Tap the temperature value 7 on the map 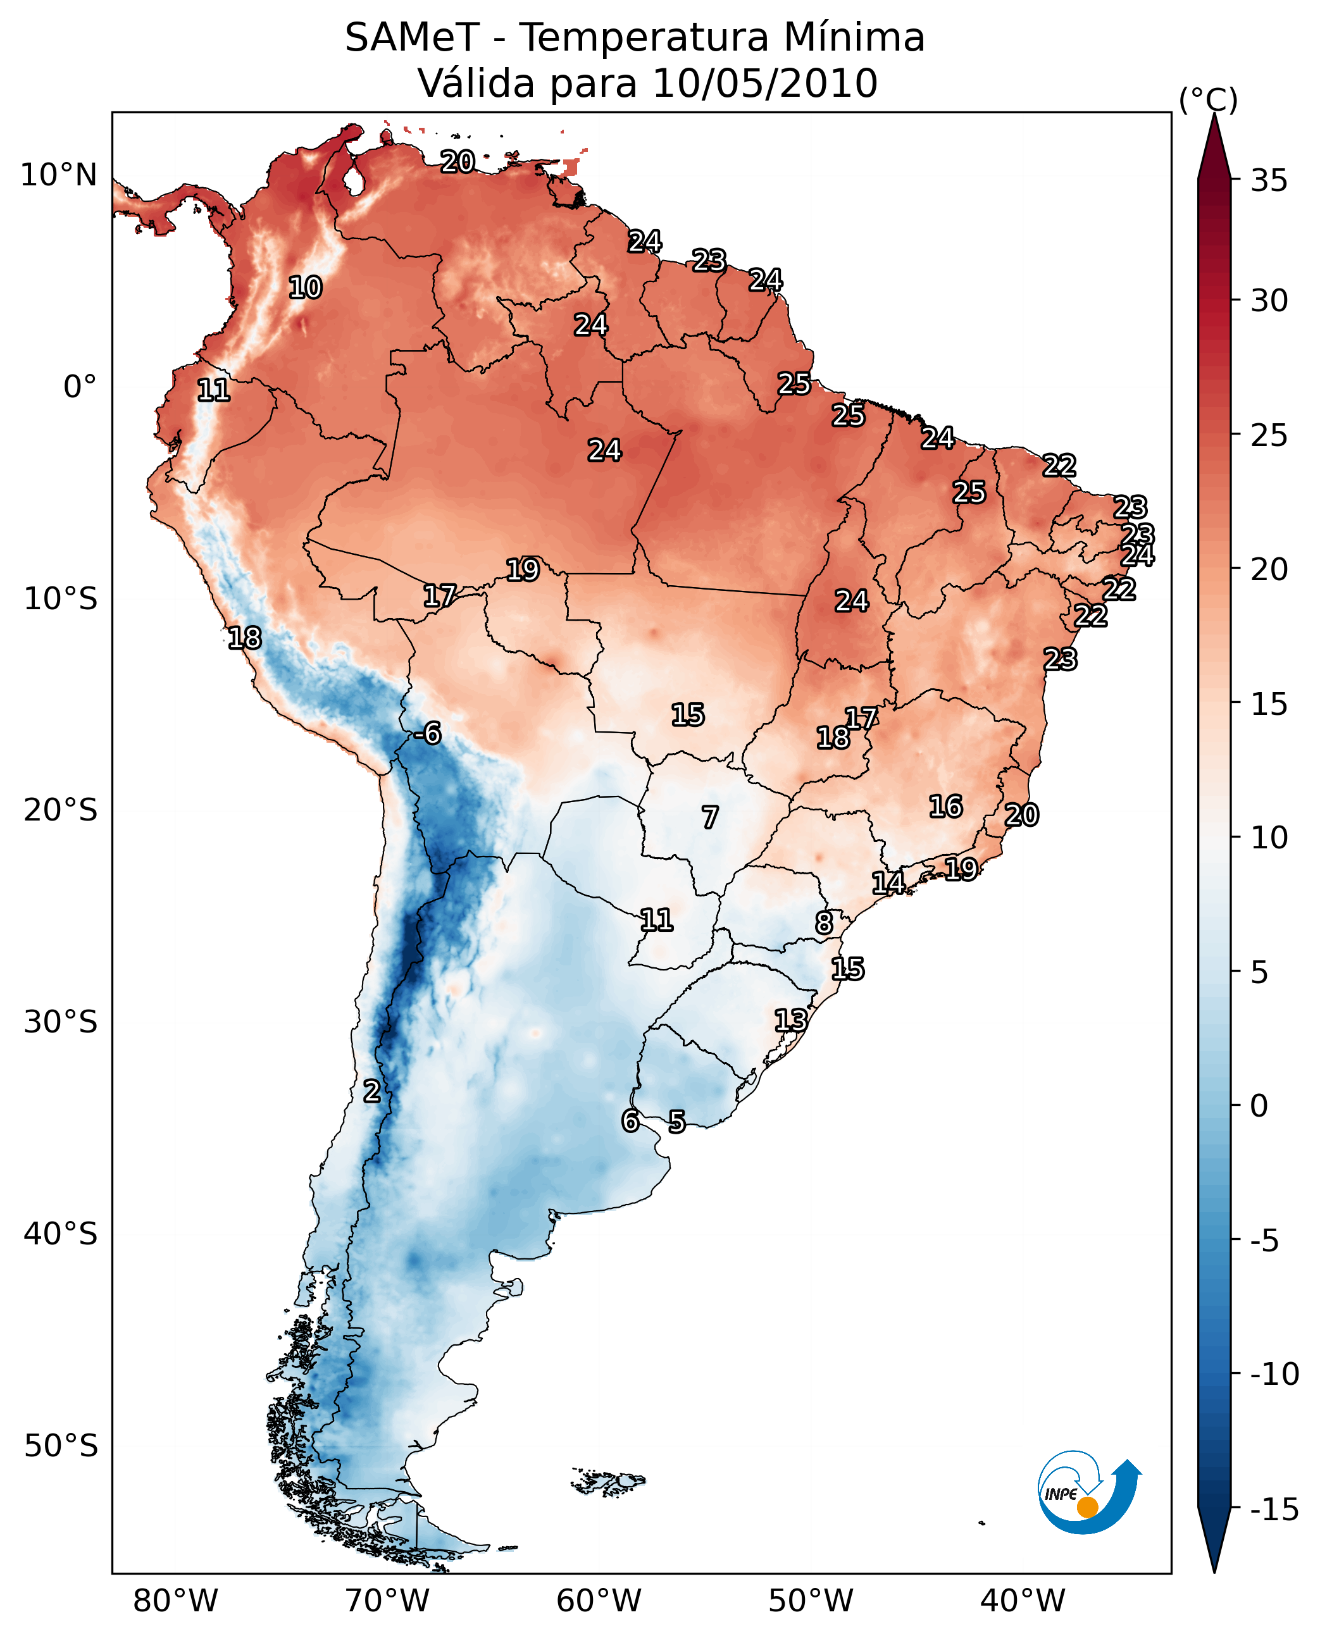point(709,818)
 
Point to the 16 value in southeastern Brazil point(945,807)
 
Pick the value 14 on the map point(887,883)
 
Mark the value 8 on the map point(823,923)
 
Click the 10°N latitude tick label point(59,176)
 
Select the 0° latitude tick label point(80,387)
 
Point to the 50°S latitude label point(61,1445)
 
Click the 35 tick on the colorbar point(1269,181)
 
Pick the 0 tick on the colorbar point(1259,1106)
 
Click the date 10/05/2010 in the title point(765,84)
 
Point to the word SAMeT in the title point(412,38)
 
